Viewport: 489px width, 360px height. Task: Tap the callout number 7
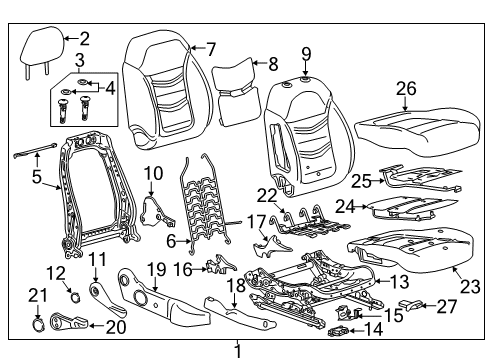pyautogui.click(x=210, y=47)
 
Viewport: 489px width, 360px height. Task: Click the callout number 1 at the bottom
pyautogui.click(x=238, y=350)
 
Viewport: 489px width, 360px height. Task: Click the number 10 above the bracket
pyautogui.click(x=152, y=173)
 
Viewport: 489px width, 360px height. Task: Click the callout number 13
pyautogui.click(x=399, y=282)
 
